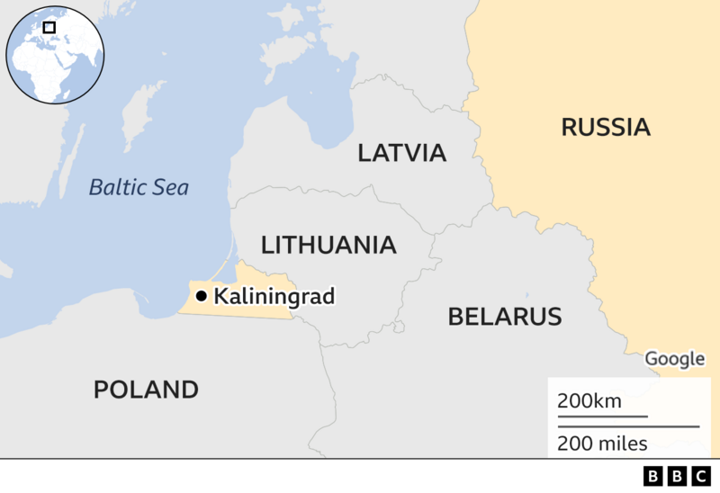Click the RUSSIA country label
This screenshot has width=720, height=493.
605,127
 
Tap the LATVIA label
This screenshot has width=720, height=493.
401,152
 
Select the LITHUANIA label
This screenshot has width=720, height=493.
328,245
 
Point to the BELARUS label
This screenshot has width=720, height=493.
504,317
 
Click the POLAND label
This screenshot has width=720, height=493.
146,390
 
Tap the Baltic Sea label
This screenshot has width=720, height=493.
139,188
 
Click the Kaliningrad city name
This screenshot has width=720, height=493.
274,296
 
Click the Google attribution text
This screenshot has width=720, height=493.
675,359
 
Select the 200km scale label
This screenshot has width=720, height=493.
589,400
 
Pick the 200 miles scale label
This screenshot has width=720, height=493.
602,443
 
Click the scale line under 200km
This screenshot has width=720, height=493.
602,417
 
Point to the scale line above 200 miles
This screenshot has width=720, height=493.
627,426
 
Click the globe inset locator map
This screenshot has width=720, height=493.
55,55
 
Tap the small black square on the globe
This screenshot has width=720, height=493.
49,27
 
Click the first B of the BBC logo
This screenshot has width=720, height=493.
652,476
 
